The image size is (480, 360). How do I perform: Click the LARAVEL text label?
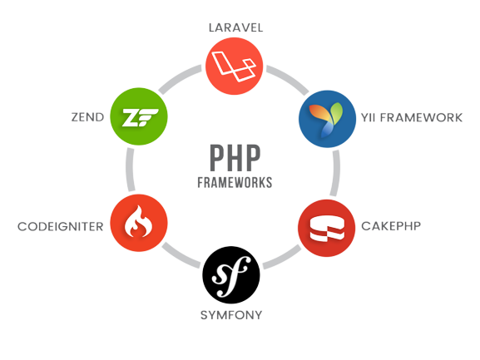[235, 27]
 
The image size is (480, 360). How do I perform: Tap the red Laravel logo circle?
[235, 66]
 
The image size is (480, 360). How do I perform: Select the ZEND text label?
[87, 117]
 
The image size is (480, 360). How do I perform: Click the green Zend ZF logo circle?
[139, 116]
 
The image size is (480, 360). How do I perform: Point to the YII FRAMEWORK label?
[412, 117]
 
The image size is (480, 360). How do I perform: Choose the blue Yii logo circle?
[327, 119]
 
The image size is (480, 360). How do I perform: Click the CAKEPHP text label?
[391, 226]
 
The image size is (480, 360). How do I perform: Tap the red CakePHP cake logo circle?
[327, 228]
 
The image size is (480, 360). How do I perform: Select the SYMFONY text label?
[231, 315]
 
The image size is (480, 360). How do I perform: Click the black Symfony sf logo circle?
[231, 275]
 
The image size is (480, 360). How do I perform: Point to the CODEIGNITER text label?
[60, 227]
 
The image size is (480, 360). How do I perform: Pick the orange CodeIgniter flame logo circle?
[139, 223]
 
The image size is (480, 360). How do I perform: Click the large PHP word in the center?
[235, 158]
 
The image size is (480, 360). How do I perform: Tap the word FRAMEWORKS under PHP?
[235, 183]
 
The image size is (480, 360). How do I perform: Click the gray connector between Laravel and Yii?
[288, 79]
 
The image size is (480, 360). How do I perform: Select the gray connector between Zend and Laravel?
[180, 78]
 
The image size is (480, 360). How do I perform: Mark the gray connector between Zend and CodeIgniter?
[130, 170]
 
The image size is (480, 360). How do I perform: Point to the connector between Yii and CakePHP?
[335, 173]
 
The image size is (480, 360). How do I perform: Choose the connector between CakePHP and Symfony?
[282, 258]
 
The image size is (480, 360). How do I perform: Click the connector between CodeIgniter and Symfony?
[181, 255]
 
